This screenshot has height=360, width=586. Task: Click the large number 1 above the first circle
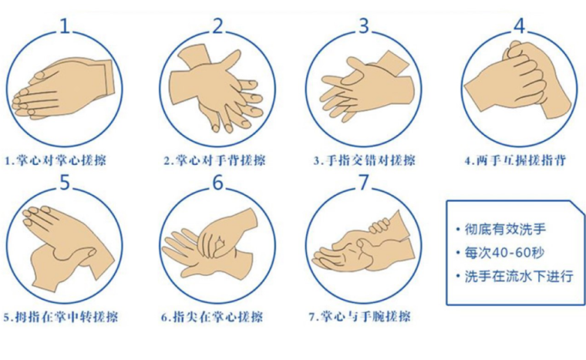coord(65,26)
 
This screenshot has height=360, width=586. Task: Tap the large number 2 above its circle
coord(217,26)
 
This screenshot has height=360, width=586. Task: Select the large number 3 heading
coord(364,26)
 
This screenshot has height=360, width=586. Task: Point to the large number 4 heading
coord(520,25)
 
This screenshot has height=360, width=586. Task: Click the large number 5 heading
coord(65,183)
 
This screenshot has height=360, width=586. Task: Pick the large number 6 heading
coord(217,183)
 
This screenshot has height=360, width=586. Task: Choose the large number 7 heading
coord(364,183)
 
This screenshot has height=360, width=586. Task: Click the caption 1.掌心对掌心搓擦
coord(56,160)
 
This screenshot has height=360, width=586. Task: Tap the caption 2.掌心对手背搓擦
coord(215,160)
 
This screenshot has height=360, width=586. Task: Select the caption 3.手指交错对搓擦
coord(365,160)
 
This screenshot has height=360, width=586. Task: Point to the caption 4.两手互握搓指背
coord(515,160)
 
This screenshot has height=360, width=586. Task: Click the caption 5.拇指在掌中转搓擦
coord(61,318)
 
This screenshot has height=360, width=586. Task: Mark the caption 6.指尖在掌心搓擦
coord(212,318)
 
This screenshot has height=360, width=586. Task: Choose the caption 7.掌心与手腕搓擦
coord(359,318)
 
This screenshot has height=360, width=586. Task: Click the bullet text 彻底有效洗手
coord(505,229)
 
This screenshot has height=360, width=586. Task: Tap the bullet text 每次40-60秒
coord(504,253)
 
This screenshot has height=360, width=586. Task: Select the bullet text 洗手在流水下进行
coord(519,276)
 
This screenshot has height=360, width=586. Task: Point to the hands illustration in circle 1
coord(62,89)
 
